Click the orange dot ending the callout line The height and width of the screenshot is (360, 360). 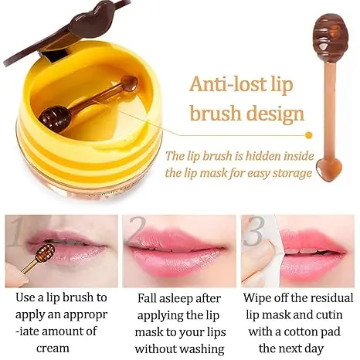[x=308, y=135]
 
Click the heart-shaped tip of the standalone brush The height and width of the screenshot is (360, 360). [x=328, y=169]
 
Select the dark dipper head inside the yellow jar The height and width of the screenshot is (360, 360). [x=55, y=120]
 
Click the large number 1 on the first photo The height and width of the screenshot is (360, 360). [x=16, y=231]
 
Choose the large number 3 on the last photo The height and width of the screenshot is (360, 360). [x=254, y=231]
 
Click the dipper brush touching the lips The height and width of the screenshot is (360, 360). [x=38, y=259]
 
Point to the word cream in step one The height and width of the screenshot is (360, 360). [x=53, y=348]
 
